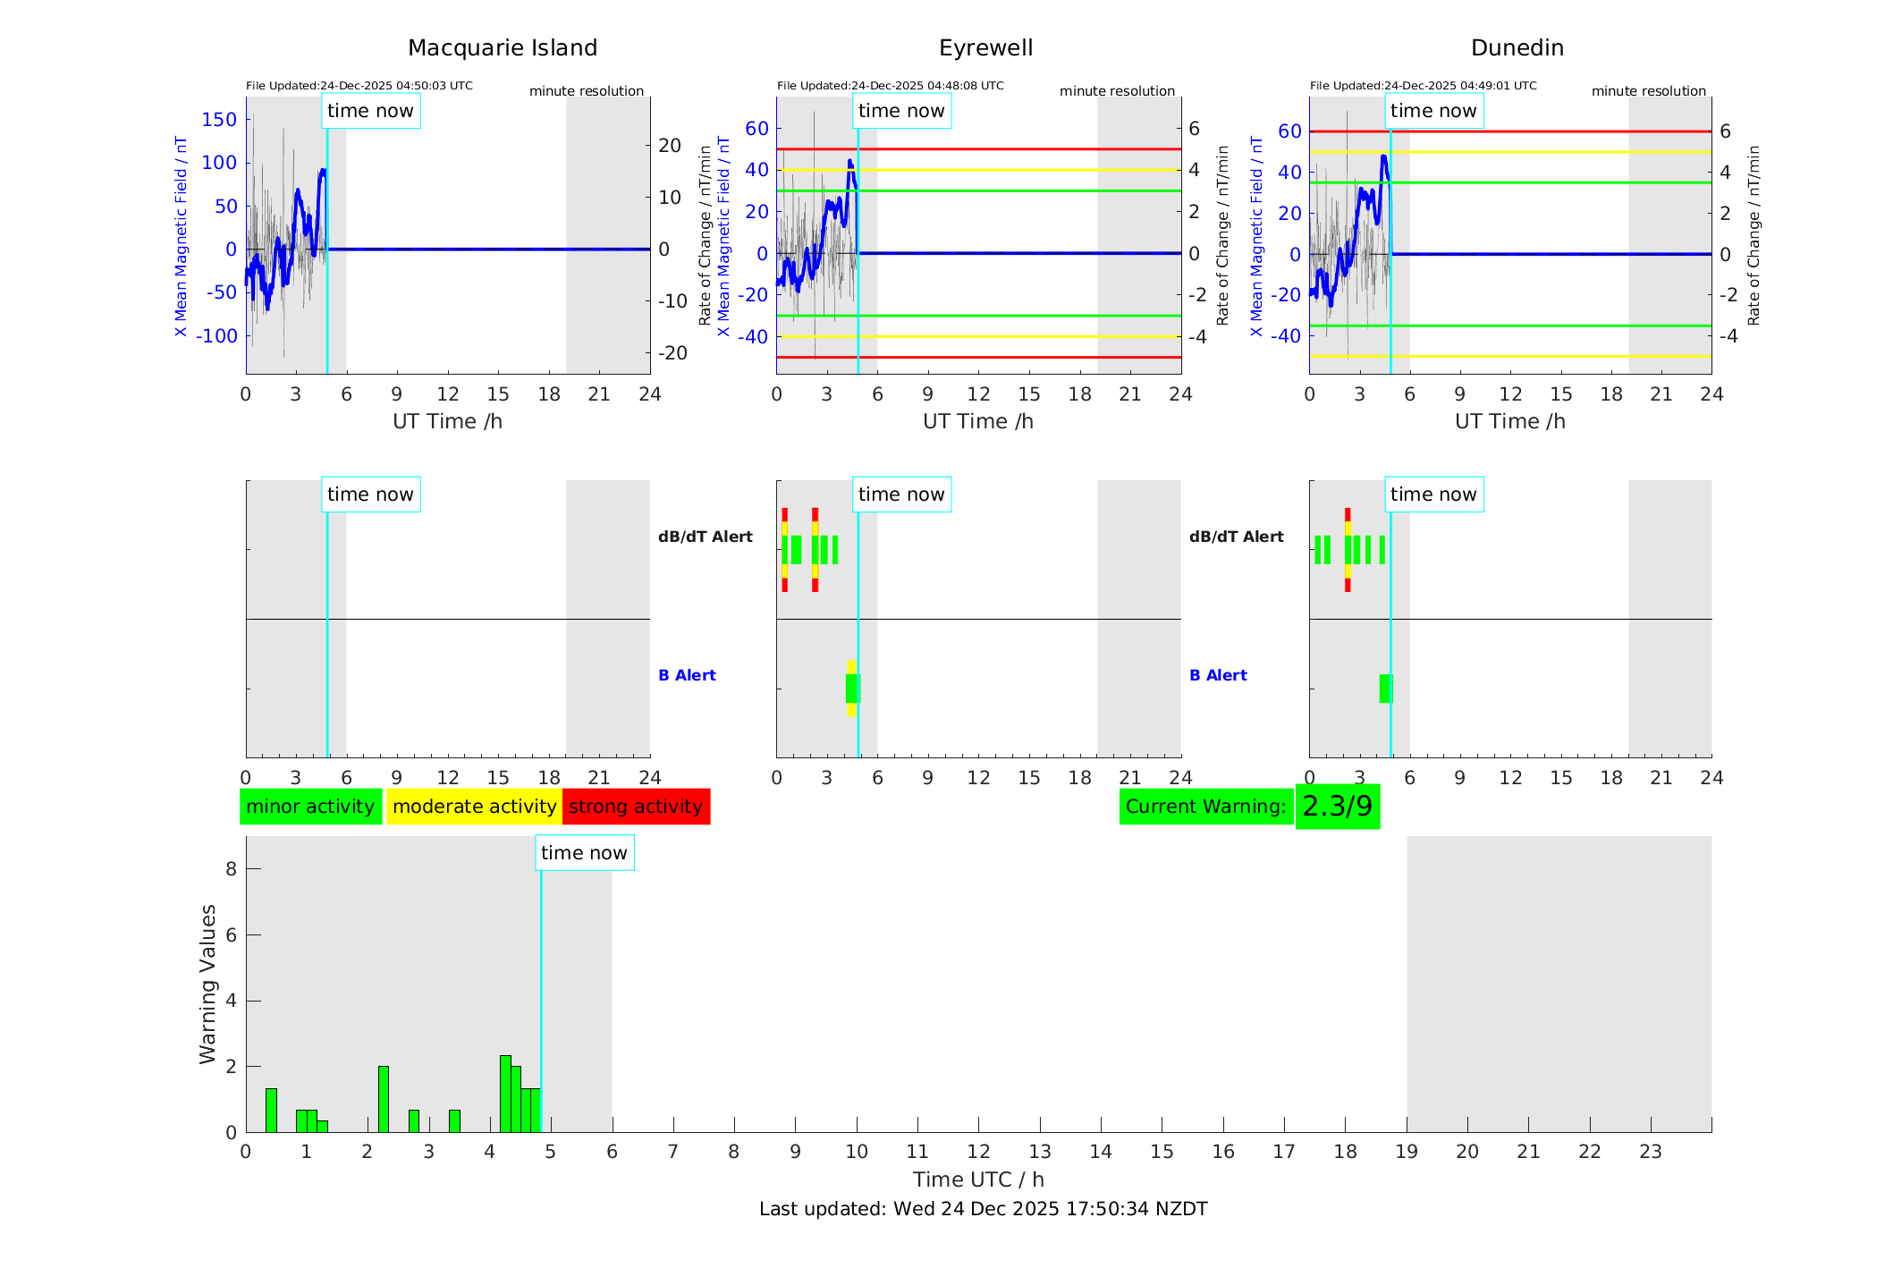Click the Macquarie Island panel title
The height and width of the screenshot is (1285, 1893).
click(x=503, y=48)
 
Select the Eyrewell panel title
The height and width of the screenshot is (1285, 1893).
click(x=985, y=48)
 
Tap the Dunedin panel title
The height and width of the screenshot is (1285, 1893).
click(x=1517, y=48)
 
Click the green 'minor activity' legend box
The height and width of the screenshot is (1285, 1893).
click(x=310, y=807)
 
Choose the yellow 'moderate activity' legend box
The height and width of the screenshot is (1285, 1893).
click(x=474, y=807)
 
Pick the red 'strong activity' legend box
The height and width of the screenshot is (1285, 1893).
click(x=636, y=807)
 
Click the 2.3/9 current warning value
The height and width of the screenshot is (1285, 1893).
click(x=1337, y=807)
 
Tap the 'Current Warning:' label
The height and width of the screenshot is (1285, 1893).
click(x=1205, y=807)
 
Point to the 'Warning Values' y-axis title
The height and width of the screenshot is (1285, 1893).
click(x=207, y=984)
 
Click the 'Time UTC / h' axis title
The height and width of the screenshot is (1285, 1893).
click(x=978, y=1179)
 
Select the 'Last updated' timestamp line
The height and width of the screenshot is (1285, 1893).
click(x=983, y=1209)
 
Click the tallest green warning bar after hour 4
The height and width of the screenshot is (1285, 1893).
click(x=505, y=1094)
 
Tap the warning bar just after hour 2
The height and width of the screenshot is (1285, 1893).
click(x=384, y=1099)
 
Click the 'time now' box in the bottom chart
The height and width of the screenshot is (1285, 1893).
click(x=584, y=853)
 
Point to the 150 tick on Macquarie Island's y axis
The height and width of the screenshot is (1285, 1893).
click(x=219, y=120)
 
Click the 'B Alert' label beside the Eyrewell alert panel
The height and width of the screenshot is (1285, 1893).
click(x=687, y=675)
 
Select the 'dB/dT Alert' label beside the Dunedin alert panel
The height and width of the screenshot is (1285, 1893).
click(x=1236, y=537)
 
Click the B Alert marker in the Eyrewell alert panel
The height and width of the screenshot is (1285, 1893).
click(x=851, y=689)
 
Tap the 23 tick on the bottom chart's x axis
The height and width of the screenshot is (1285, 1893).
click(x=1650, y=1152)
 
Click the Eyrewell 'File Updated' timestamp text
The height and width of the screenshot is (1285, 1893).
click(x=890, y=86)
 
